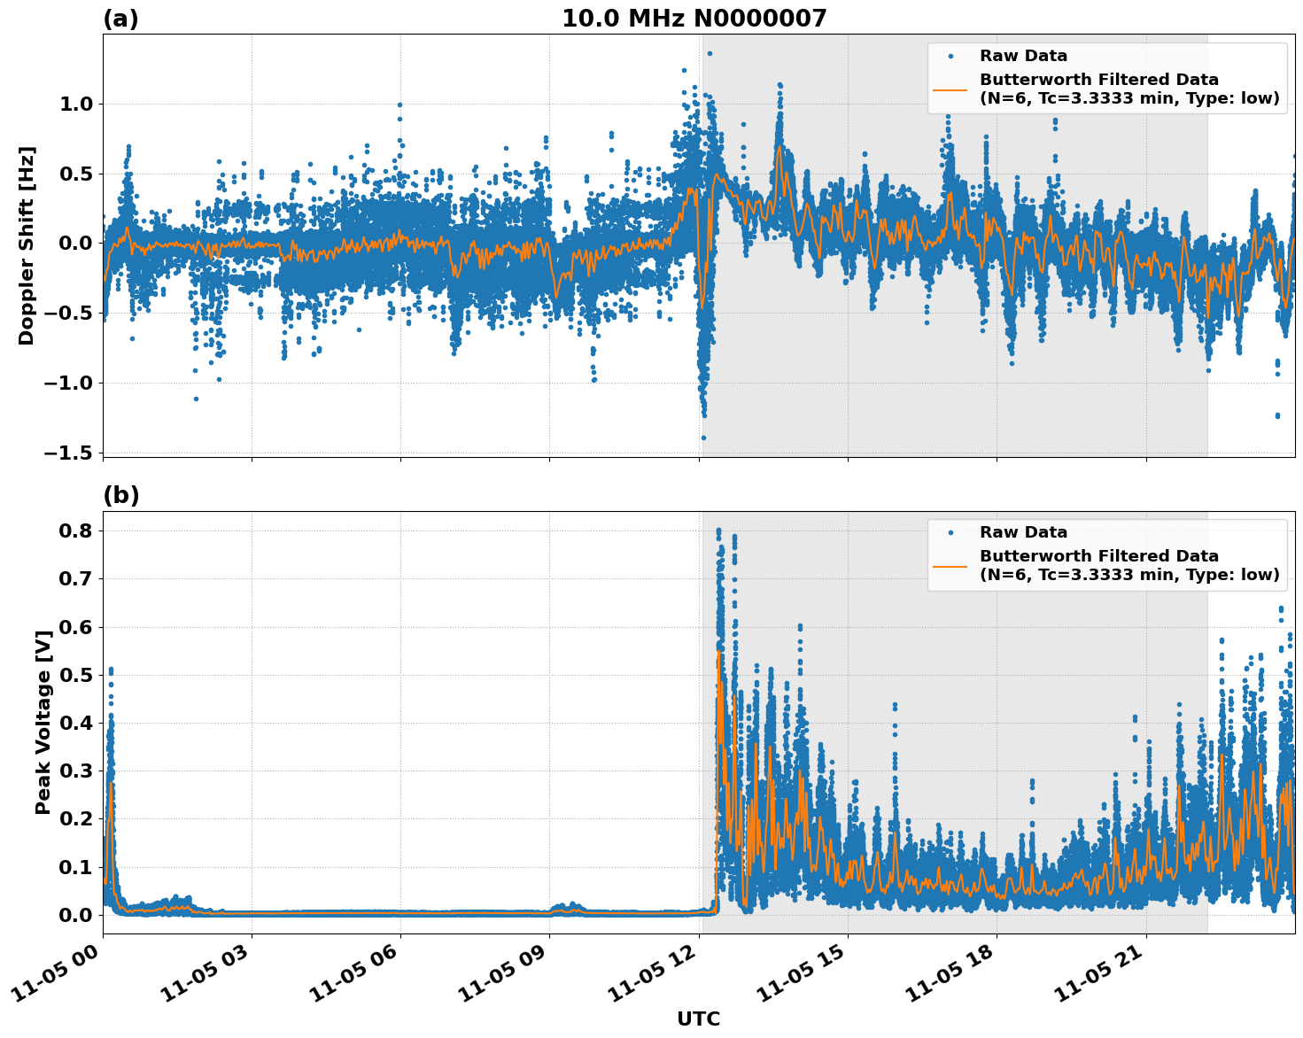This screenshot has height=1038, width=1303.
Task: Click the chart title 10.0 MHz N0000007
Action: pos(694,19)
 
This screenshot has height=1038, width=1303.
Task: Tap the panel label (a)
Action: pos(120,19)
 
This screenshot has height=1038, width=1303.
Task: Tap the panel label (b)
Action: pos(120,495)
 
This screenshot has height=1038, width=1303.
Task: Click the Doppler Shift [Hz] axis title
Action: pos(27,245)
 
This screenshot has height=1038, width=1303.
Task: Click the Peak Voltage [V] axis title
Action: pos(43,722)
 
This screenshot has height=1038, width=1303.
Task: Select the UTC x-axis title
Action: pos(698,1019)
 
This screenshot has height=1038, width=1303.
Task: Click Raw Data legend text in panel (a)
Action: pos(1023,56)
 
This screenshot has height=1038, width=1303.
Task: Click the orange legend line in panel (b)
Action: pos(950,566)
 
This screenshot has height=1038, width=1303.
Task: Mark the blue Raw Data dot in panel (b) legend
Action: pos(950,532)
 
